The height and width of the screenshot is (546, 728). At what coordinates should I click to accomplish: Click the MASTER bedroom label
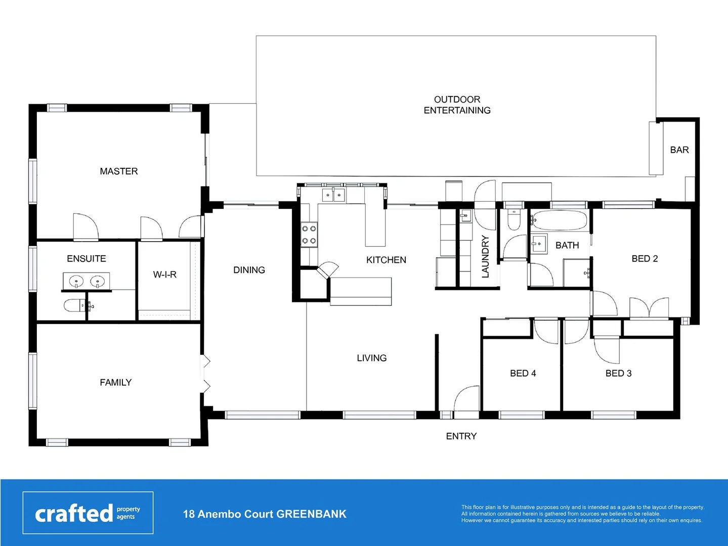pyautogui.click(x=119, y=171)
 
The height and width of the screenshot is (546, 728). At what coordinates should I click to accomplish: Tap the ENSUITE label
pyautogui.click(x=87, y=258)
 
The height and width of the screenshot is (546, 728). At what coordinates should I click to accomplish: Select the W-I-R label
pyautogui.click(x=165, y=275)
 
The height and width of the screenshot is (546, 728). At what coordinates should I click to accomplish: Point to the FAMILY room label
pyautogui.click(x=116, y=383)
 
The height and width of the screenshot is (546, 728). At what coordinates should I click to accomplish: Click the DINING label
pyautogui.click(x=249, y=270)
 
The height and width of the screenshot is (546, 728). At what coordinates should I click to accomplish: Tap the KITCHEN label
pyautogui.click(x=386, y=260)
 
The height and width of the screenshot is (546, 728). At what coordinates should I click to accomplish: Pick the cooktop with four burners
pyautogui.click(x=309, y=235)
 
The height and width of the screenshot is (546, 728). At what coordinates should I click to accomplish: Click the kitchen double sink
pyautogui.click(x=333, y=195)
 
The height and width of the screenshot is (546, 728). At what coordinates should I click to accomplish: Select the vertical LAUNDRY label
pyautogui.click(x=486, y=256)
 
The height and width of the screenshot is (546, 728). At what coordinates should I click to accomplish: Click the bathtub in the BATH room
pyautogui.click(x=560, y=220)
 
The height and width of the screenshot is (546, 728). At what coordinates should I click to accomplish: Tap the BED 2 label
pyautogui.click(x=645, y=258)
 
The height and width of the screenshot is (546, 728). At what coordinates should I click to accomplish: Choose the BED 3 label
pyautogui.click(x=618, y=373)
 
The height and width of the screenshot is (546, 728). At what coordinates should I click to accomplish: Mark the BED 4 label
pyautogui.click(x=523, y=373)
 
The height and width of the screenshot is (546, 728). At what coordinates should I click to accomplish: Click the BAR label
pyautogui.click(x=679, y=150)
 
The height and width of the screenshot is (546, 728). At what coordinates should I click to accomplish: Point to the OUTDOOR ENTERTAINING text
pyautogui.click(x=457, y=105)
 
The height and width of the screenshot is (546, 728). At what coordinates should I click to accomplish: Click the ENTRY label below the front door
pyautogui.click(x=461, y=436)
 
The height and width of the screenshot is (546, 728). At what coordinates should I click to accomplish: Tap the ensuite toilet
pyautogui.click(x=74, y=305)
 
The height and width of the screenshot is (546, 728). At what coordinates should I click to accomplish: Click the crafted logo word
pyautogui.click(x=74, y=514)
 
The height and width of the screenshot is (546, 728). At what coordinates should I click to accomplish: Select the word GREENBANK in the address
pyautogui.click(x=311, y=514)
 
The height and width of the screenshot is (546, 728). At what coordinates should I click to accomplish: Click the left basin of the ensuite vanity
pyautogui.click(x=76, y=281)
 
